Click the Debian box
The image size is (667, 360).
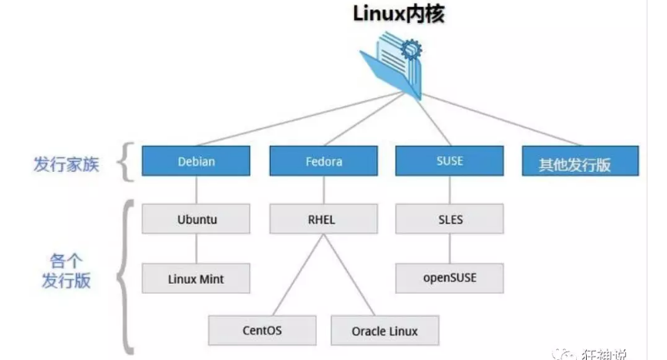click(x=196, y=162)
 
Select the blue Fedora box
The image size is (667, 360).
click(x=323, y=162)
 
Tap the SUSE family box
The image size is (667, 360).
click(x=450, y=162)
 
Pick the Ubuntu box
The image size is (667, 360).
click(x=196, y=219)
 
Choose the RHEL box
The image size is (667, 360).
click(x=323, y=219)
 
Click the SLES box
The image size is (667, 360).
click(x=450, y=219)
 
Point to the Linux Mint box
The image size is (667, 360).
click(x=196, y=278)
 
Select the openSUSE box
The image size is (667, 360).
click(x=450, y=278)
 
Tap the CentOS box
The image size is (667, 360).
click(x=262, y=330)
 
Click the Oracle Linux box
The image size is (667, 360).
click(x=385, y=330)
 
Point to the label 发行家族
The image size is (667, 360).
click(x=66, y=164)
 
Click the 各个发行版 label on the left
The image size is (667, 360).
click(x=66, y=270)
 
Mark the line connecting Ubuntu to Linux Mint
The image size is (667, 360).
click(x=196, y=248)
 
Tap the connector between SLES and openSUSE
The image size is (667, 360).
click(x=450, y=248)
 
